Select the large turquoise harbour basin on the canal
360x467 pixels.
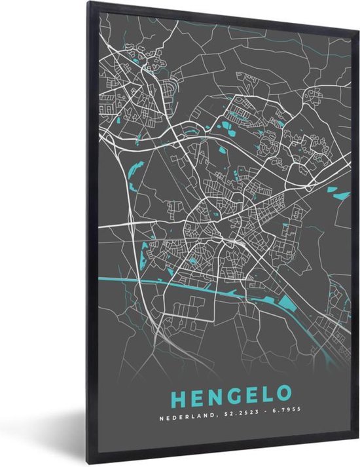(x=287, y=304)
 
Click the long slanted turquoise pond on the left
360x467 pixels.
(x=135, y=174)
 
